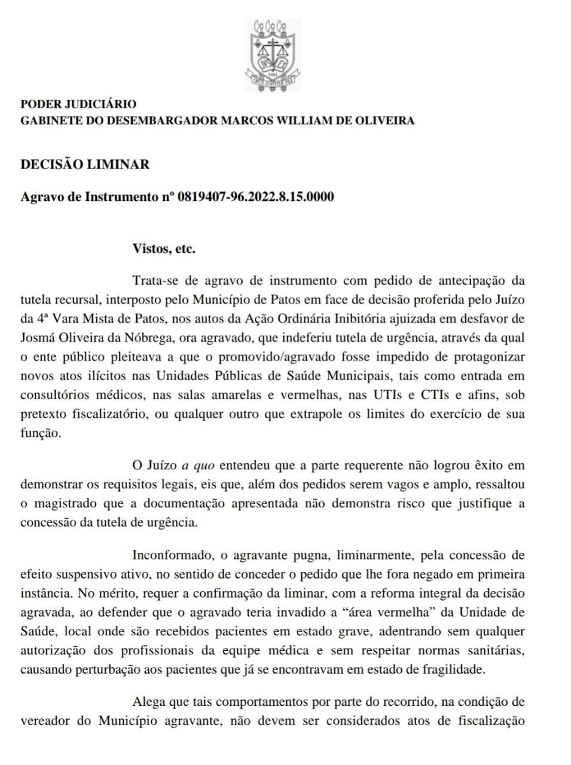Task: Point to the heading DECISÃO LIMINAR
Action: coord(85,164)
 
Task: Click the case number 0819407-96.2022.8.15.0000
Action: coord(256,197)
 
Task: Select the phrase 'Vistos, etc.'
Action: coord(164,249)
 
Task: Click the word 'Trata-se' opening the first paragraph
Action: coord(154,280)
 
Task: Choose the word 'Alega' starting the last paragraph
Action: coord(147,701)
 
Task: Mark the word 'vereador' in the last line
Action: coord(45,720)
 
